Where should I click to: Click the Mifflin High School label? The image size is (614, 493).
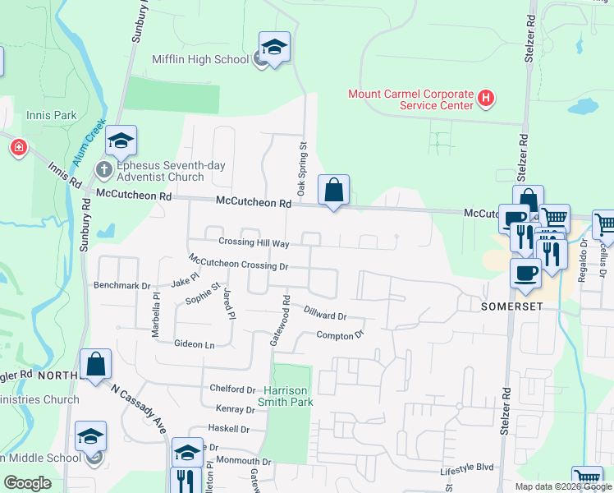click(x=199, y=59)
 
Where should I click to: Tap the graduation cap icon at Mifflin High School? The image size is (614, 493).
click(x=275, y=48)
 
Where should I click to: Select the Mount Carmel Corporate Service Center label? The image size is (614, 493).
click(x=411, y=99)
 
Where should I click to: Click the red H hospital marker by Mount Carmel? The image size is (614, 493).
click(x=486, y=99)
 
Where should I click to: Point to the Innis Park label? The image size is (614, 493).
click(x=51, y=116)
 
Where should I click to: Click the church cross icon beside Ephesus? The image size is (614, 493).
click(x=103, y=170)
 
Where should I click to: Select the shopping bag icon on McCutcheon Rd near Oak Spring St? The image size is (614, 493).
click(x=333, y=191)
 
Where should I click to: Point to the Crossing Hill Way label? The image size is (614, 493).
click(x=254, y=243)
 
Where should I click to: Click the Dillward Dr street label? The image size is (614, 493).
click(x=325, y=313)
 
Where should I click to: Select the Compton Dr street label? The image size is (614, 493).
click(x=340, y=335)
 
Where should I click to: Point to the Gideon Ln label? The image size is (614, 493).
click(x=194, y=344)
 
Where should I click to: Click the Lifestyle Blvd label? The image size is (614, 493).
click(x=468, y=468)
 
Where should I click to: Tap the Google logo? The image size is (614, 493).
click(x=28, y=483)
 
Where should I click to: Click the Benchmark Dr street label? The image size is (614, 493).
click(x=122, y=287)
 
